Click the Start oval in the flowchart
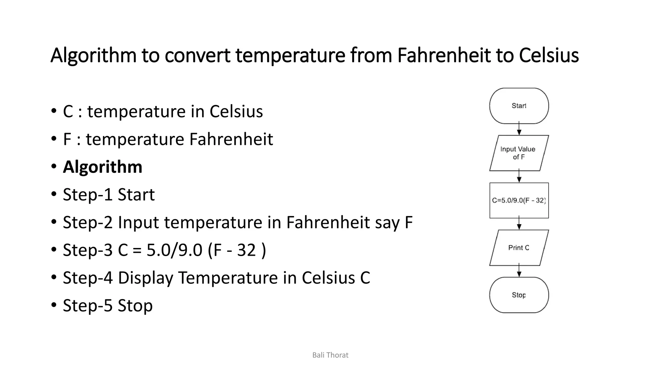point(519,106)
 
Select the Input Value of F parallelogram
point(519,153)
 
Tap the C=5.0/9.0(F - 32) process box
point(519,201)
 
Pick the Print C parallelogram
point(519,248)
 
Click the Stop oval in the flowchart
point(519,295)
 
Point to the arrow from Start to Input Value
point(519,129)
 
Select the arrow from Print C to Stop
point(519,271)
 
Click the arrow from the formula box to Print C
point(519,223)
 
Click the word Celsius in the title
point(549,55)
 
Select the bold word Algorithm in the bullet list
point(102,167)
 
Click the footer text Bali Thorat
point(330,355)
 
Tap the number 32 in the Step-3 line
point(246,250)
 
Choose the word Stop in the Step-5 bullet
point(135,305)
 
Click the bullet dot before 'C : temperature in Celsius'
point(54,111)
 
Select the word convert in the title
point(197,55)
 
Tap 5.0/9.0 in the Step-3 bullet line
point(174,250)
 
